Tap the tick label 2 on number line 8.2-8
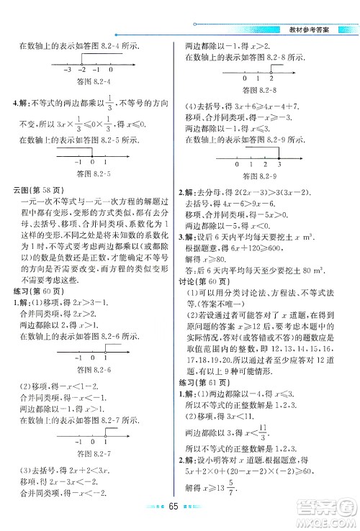click(x=270, y=78)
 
